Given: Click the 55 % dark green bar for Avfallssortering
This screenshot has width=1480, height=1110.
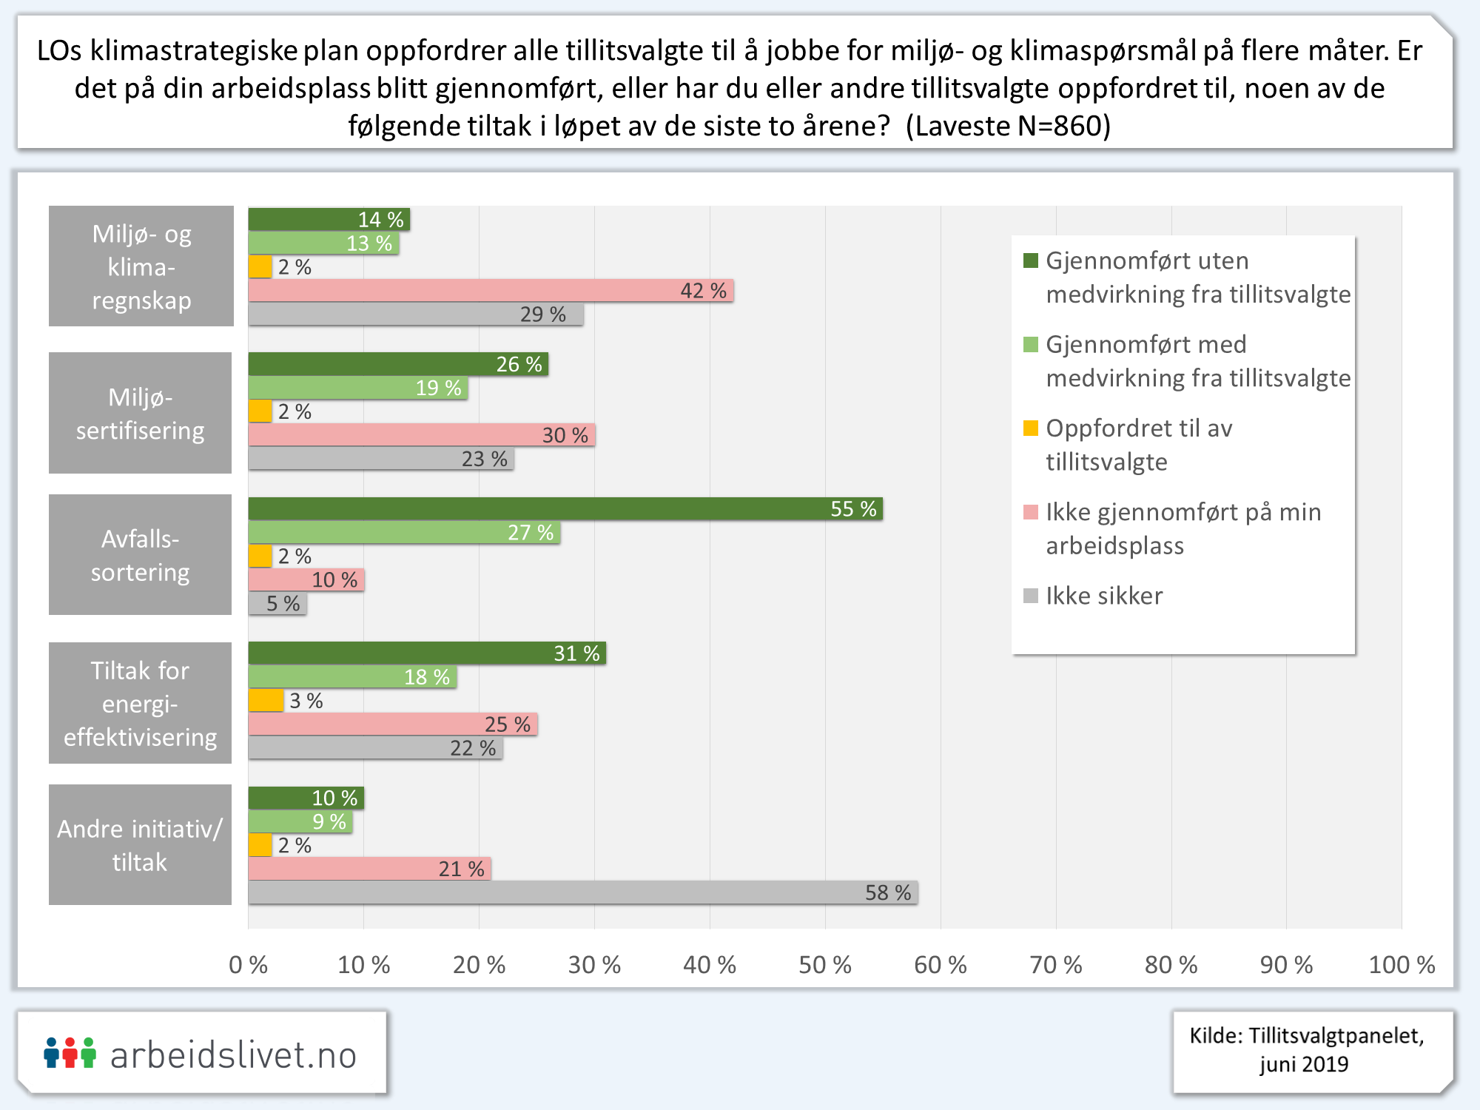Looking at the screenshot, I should pos(565,509).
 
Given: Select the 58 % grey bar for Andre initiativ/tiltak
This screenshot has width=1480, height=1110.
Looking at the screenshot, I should pos(582,892).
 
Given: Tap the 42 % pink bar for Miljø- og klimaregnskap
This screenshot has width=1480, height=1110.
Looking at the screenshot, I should pos(490,291).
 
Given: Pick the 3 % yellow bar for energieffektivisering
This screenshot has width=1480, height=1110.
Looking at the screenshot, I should pos(266,701).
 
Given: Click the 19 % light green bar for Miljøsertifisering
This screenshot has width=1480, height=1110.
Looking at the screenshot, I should pos(357,388).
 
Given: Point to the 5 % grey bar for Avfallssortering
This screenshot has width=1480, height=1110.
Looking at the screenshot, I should pos(277,604).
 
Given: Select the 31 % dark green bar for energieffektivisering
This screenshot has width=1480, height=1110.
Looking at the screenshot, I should pos(426,653).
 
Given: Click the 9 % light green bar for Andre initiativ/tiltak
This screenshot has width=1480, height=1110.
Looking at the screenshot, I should pos(300,821).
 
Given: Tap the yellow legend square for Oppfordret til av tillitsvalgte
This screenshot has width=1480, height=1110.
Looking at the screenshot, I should pos(1031,428).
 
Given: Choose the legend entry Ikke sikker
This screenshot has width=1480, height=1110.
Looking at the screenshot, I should pos(1103,596).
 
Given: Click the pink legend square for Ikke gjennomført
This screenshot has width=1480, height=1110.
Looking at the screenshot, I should pos(1031,511).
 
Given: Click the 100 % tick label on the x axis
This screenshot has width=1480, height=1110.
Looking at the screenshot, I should pos(1402,965).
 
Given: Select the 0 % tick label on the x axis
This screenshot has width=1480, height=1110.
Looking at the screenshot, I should pos(249,965).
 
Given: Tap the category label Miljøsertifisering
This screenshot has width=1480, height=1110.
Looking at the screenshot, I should pos(141,414).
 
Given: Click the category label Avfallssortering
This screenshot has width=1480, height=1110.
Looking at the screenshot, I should pos(141,555).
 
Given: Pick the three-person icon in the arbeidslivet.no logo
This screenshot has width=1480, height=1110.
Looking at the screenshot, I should pos(70,1053).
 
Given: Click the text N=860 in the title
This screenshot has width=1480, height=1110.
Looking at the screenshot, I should pos(1063,126).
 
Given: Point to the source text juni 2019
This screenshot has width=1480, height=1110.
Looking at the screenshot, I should pos(1304,1064).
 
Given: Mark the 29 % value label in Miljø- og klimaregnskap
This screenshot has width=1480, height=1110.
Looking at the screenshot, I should pos(542,314).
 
